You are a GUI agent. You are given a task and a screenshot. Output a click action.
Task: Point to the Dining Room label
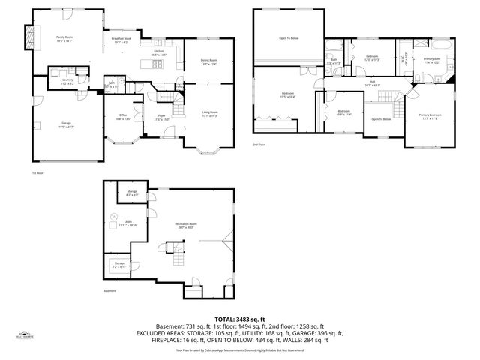point(208,61)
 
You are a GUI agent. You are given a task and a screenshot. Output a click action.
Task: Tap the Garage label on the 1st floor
point(66,127)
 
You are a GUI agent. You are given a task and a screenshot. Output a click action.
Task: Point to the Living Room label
point(209,114)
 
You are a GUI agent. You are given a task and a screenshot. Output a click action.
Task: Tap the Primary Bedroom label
point(430,116)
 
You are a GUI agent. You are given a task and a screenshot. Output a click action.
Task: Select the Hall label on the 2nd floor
point(372,83)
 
